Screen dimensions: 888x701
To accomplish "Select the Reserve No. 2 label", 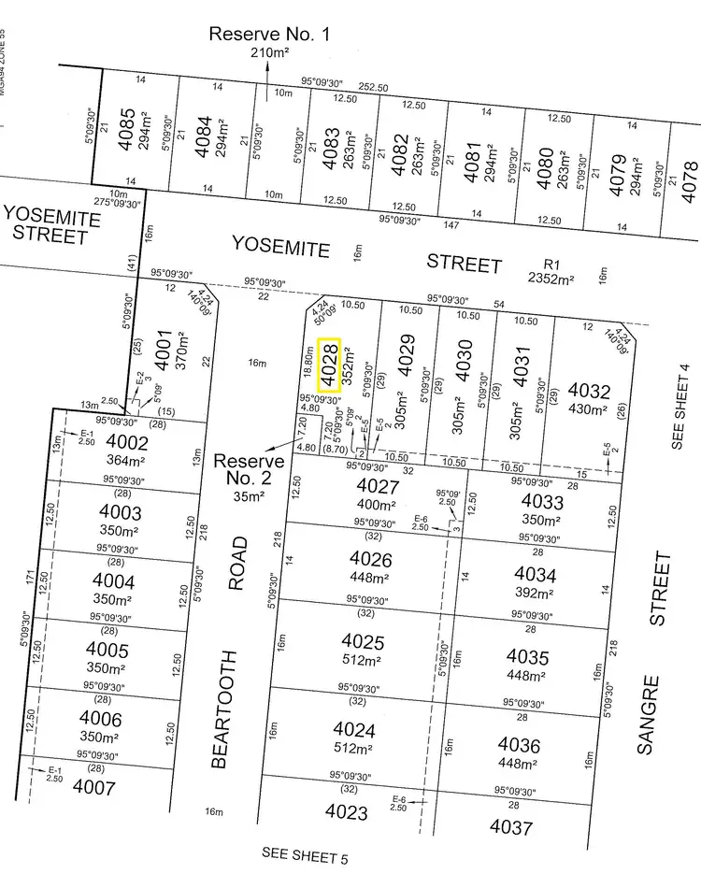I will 249,469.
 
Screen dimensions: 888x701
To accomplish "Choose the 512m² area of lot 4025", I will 364,660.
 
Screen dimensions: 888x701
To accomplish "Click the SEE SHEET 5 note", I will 301,852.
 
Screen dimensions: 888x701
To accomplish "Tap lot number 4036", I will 519,745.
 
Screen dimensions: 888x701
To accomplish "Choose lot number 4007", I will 93,788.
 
